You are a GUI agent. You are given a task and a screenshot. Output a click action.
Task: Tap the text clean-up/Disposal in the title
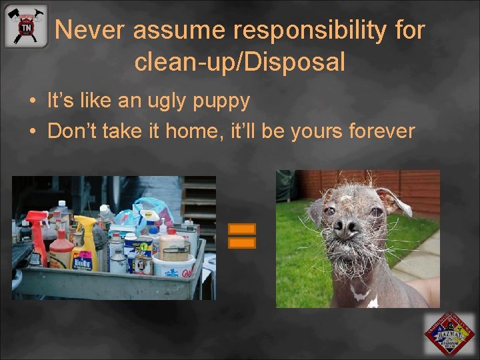point(239,62)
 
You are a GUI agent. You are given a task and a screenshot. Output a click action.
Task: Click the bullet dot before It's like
point(32,102)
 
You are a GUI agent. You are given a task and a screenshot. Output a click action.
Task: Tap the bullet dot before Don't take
point(32,131)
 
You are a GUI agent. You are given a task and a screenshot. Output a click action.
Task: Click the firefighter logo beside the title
point(26,26)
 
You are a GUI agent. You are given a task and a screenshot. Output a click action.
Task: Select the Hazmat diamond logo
point(450,334)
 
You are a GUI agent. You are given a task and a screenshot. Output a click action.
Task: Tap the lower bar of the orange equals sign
point(242,243)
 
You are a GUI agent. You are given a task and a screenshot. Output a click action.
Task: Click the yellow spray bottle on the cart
point(85,240)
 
